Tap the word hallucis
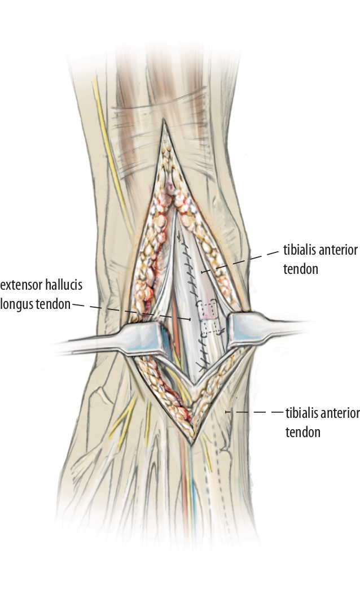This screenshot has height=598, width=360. (x=64, y=285)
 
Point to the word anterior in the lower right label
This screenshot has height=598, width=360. (x=341, y=413)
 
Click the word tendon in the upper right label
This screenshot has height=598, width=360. (x=301, y=269)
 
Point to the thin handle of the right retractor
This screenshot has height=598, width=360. (x=286, y=327)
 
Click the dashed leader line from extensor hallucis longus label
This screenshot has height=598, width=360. (x=131, y=311)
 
